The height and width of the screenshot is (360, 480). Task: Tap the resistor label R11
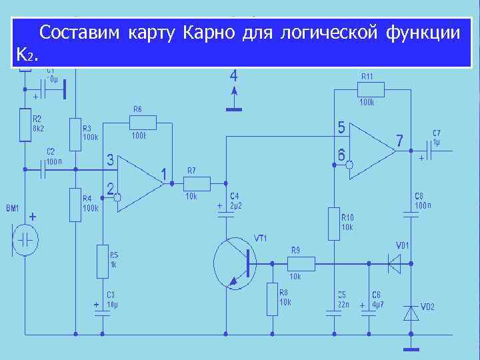tap(367, 76)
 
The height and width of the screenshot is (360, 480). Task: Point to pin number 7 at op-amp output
tap(399, 141)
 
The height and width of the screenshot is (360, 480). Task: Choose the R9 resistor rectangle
tap(301, 263)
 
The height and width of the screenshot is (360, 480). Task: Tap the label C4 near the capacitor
tap(235, 197)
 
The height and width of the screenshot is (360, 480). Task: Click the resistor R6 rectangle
tap(143, 123)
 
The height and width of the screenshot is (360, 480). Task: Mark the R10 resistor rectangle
tap(334, 223)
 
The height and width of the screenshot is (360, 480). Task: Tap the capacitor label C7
tap(437, 133)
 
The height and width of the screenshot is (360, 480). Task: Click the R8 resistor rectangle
tap(272, 299)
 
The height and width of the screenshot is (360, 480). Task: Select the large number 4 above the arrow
tap(233, 74)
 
